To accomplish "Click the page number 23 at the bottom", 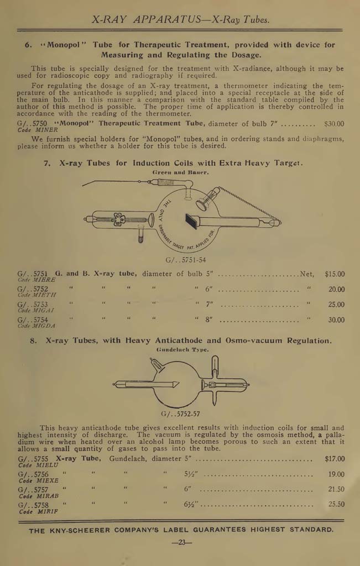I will point(181,543).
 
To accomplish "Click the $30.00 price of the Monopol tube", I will point(333,124).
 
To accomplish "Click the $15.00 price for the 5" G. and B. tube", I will point(334,274).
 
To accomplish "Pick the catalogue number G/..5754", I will point(33,320).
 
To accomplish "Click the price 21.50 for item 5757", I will point(335,490).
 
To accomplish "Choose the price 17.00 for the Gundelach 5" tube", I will point(334,459).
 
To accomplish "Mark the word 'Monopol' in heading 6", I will point(63,45).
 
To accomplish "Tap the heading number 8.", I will point(33,340).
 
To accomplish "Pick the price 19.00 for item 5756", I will point(335,474).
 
